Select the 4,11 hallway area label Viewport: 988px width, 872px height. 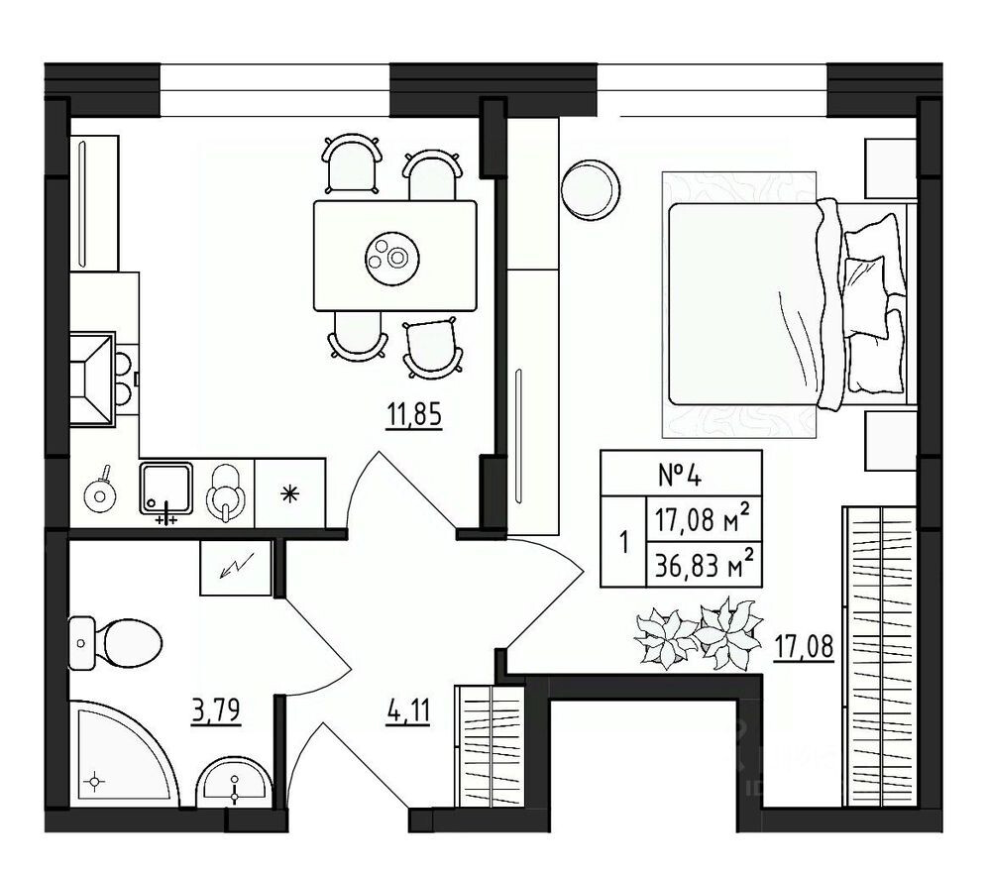click(408, 711)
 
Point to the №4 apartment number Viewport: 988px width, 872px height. click(680, 474)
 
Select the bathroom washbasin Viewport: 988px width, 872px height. click(232, 784)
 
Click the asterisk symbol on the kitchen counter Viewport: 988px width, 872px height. click(291, 492)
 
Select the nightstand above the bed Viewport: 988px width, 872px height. click(889, 166)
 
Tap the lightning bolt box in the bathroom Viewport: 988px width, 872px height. click(236, 568)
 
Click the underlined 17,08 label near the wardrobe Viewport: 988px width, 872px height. click(803, 646)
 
